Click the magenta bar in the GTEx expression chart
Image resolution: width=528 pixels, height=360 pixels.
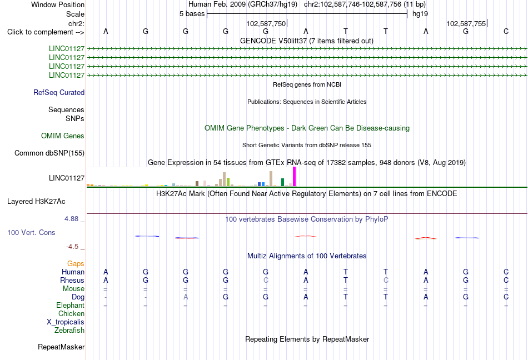click(295, 177)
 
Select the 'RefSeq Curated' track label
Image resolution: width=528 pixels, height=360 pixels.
click(59, 93)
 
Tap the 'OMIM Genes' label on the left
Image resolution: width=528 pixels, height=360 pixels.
click(63, 136)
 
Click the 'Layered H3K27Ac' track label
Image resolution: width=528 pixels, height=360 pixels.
click(36, 202)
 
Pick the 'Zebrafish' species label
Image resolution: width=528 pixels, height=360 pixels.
click(69, 331)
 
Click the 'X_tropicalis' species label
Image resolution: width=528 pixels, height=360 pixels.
click(66, 322)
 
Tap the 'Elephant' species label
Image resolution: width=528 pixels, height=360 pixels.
click(70, 305)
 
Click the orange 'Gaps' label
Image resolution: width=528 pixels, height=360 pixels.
click(76, 263)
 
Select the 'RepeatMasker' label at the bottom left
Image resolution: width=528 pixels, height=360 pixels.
click(61, 347)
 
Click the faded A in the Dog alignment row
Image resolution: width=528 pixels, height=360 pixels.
click(186, 297)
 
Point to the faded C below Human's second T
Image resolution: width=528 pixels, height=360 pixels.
click(386, 280)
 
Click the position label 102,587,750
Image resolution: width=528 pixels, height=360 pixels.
click(266, 23)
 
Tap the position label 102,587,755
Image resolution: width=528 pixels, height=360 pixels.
click(466, 23)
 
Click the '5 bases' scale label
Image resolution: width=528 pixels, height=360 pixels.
click(192, 14)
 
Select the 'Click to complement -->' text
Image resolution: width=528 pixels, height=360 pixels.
click(46, 32)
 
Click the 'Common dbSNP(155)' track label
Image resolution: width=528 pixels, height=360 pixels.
click(49, 153)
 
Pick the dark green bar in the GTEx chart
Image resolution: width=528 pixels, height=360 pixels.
click(282, 182)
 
